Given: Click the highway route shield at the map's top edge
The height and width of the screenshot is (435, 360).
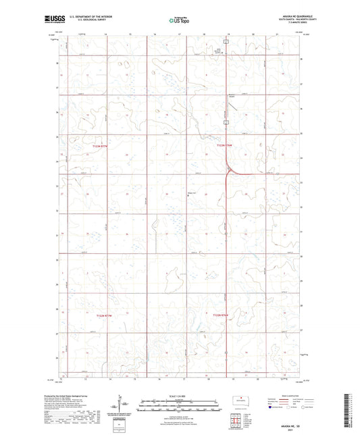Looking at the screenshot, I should pyautogui.click(x=228, y=41).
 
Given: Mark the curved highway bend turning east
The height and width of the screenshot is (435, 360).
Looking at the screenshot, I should pyautogui.click(x=232, y=171).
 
